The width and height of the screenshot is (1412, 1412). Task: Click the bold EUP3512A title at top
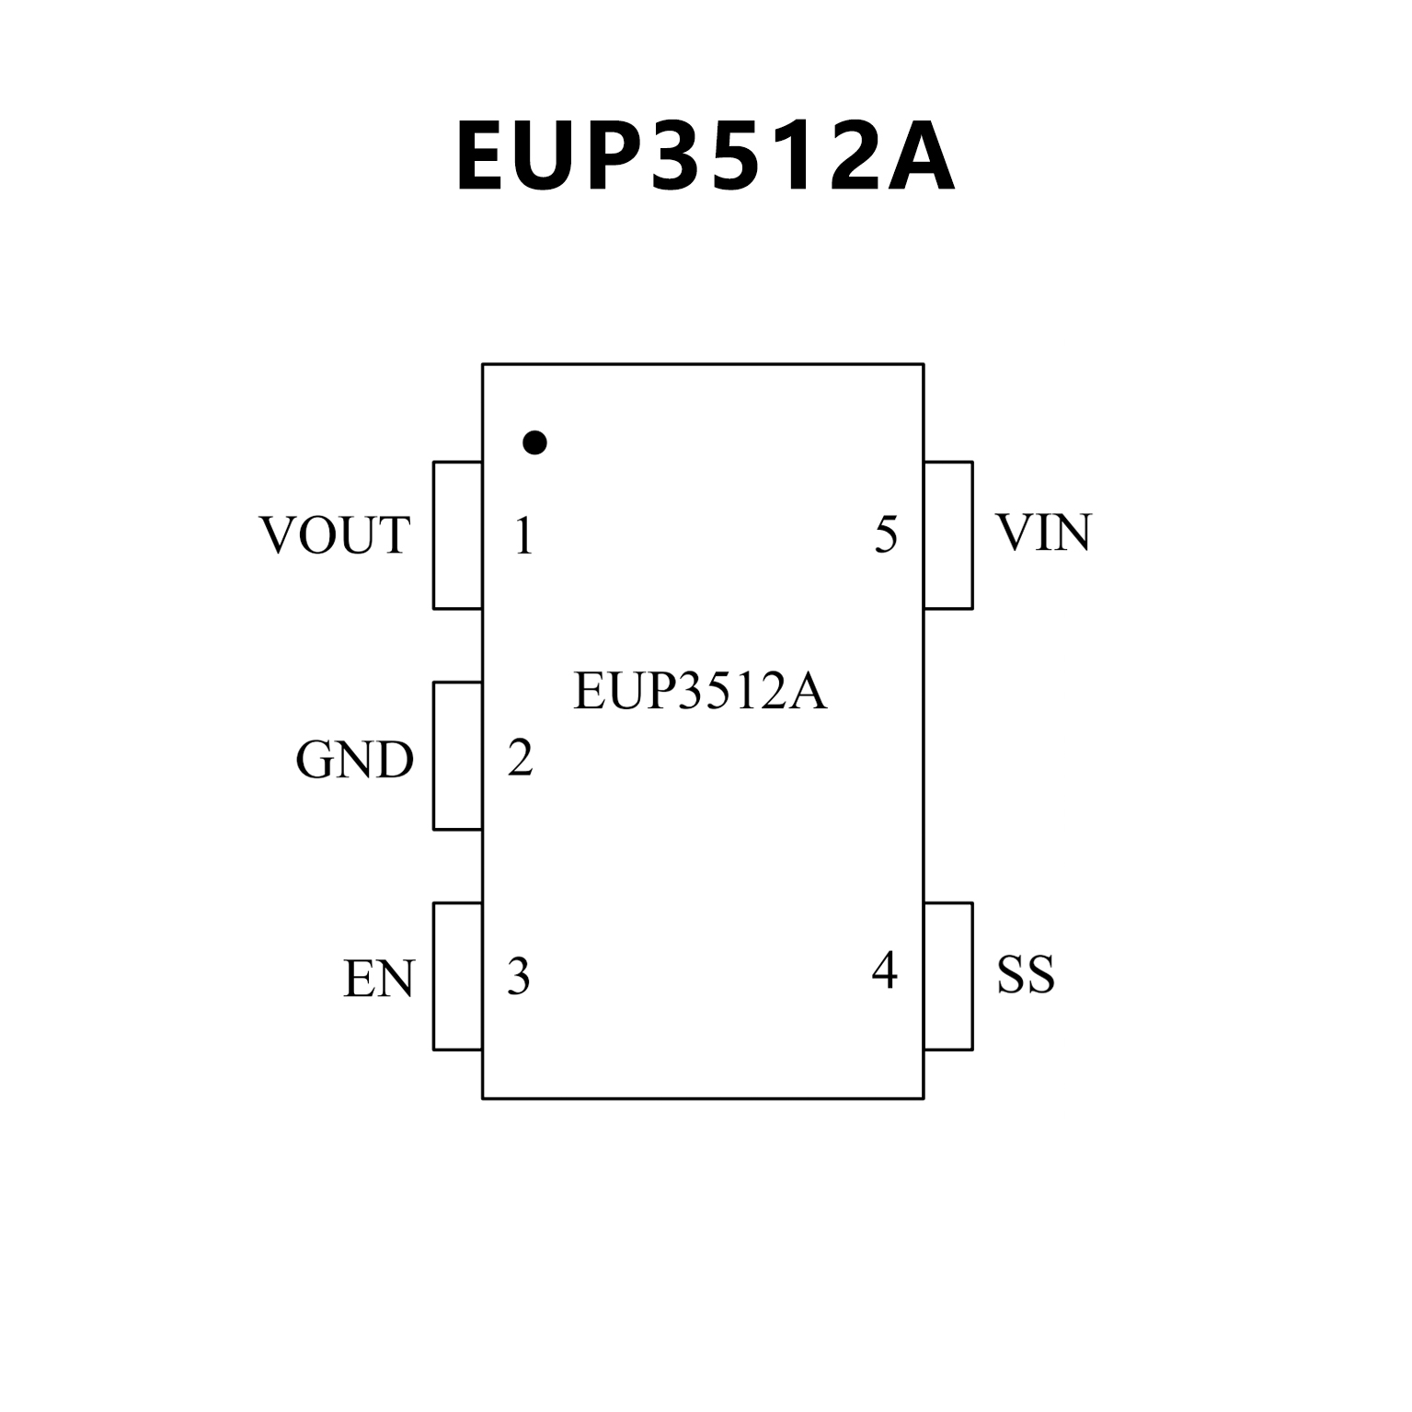tap(706, 157)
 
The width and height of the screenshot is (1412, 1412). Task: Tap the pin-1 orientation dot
tap(534, 442)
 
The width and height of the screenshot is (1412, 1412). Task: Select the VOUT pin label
tap(335, 535)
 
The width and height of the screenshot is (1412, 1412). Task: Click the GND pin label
tap(355, 760)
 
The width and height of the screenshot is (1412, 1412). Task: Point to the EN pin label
tap(379, 979)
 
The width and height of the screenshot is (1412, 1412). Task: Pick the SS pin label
tap(1026, 975)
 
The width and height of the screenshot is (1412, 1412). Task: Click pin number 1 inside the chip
tap(523, 536)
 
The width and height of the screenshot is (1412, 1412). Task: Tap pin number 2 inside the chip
tap(521, 758)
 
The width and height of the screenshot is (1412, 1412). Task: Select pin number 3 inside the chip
tap(519, 977)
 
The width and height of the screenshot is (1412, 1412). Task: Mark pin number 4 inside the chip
tap(884, 970)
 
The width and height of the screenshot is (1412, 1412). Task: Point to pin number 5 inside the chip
tap(886, 534)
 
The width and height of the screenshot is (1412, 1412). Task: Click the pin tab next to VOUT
tap(458, 535)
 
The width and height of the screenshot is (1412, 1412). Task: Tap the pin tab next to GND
tap(458, 756)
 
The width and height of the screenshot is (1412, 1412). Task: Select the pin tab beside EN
tap(458, 976)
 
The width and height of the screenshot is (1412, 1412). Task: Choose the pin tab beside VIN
tap(948, 535)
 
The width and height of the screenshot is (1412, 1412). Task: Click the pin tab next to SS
tap(948, 976)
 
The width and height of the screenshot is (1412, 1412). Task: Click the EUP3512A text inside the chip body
tap(700, 692)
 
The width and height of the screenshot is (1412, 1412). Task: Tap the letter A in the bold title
tap(914, 157)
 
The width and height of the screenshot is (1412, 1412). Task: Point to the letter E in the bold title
tap(488, 157)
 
